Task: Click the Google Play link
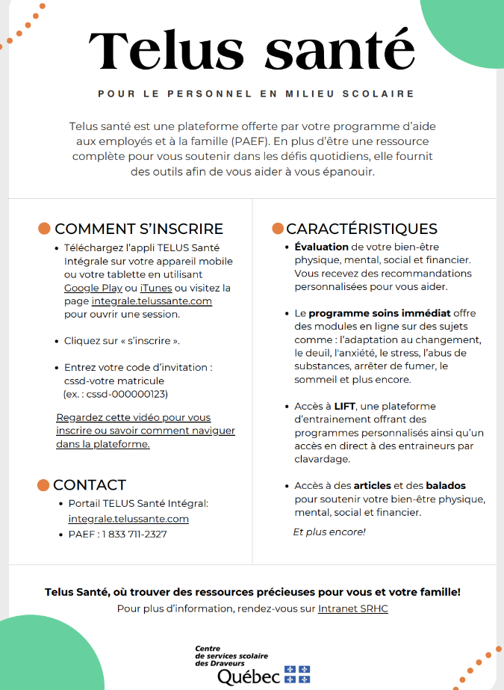point(93,288)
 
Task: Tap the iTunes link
point(155,288)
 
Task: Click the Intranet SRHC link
point(352,609)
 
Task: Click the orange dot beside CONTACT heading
point(43,485)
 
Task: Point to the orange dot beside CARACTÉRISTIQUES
point(278,229)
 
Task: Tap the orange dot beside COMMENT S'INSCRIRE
point(44,229)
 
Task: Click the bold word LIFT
point(344,406)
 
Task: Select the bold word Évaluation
point(321,247)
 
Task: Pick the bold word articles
point(372,486)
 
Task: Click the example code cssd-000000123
point(119,394)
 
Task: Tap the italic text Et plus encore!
point(329,532)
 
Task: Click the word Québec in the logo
point(249,677)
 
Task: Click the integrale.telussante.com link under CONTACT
point(128,519)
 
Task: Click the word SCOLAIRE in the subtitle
point(386,94)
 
